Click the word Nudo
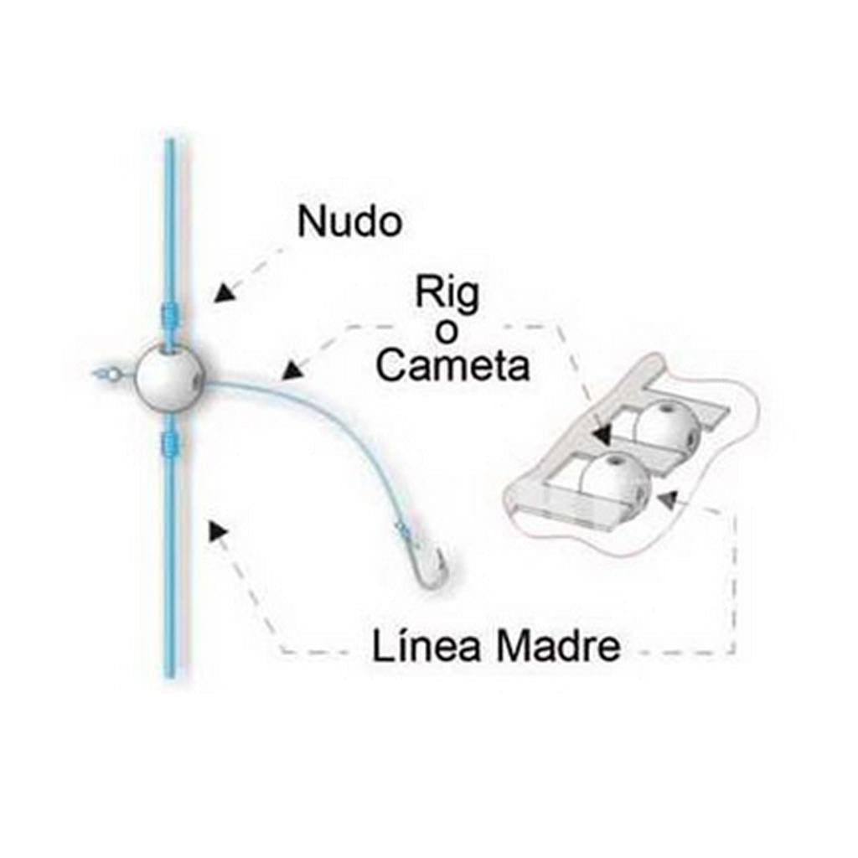pos(349,223)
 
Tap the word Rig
pos(447,296)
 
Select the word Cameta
pos(452,367)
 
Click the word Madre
pos(557,648)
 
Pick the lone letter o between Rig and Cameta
pos(448,332)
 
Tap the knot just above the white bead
pos(169,316)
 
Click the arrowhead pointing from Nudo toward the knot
pos(221,293)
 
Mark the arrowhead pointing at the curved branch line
pos(290,370)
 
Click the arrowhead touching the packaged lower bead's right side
pos(666,499)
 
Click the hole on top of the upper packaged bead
pos(668,411)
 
